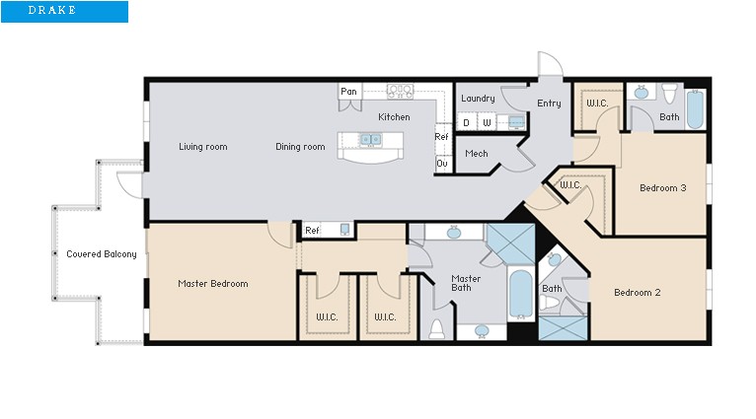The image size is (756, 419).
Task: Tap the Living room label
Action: (x=202, y=147)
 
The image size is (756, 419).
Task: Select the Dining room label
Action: (x=300, y=147)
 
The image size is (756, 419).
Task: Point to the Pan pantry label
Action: (x=348, y=92)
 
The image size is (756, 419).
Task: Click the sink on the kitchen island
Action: (x=371, y=140)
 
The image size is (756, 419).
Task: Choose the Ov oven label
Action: (x=442, y=164)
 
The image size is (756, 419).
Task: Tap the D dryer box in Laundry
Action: (x=467, y=123)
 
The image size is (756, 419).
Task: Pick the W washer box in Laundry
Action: (x=487, y=123)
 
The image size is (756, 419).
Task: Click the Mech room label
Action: (x=477, y=154)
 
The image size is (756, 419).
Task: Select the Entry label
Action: (x=549, y=104)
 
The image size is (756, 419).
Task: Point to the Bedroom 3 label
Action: (x=662, y=187)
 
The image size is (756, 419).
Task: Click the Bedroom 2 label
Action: (x=637, y=292)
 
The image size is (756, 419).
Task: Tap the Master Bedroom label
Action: (x=212, y=284)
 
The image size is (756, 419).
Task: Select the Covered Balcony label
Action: (x=102, y=254)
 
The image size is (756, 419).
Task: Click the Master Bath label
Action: (x=466, y=284)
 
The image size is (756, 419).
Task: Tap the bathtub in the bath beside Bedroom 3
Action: (x=695, y=110)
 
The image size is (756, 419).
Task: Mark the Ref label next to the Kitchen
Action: (x=441, y=137)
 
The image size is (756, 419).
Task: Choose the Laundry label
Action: (x=478, y=99)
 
